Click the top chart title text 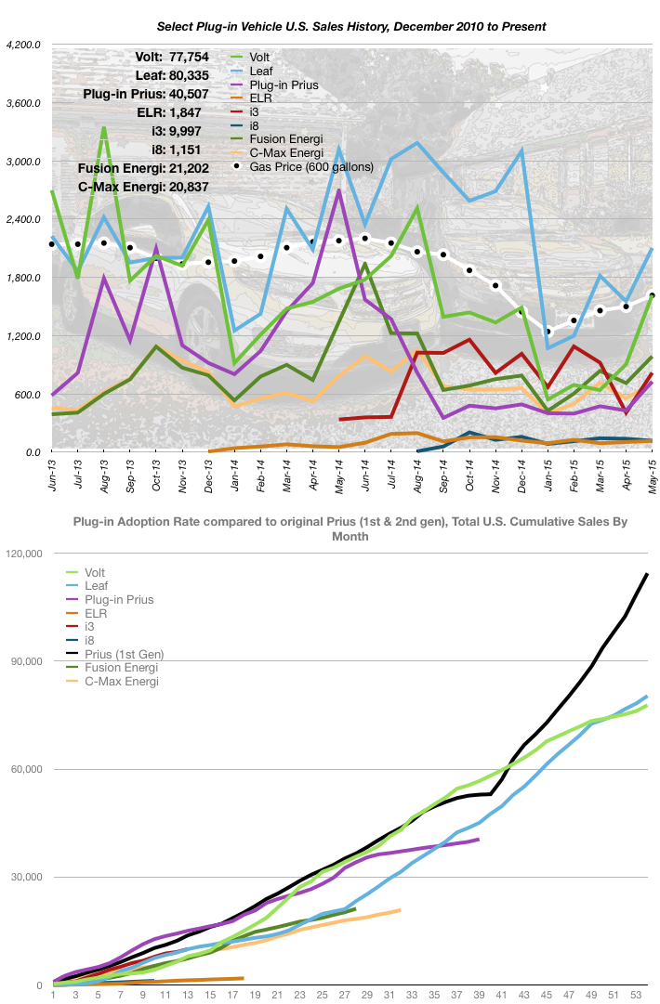pyautogui.click(x=329, y=26)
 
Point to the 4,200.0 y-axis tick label pyautogui.click(x=24, y=45)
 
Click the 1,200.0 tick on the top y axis pyautogui.click(x=24, y=336)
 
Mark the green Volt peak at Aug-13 pyautogui.click(x=104, y=128)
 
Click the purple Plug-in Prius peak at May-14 pyautogui.click(x=339, y=190)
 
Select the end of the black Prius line pyautogui.click(x=647, y=574)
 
